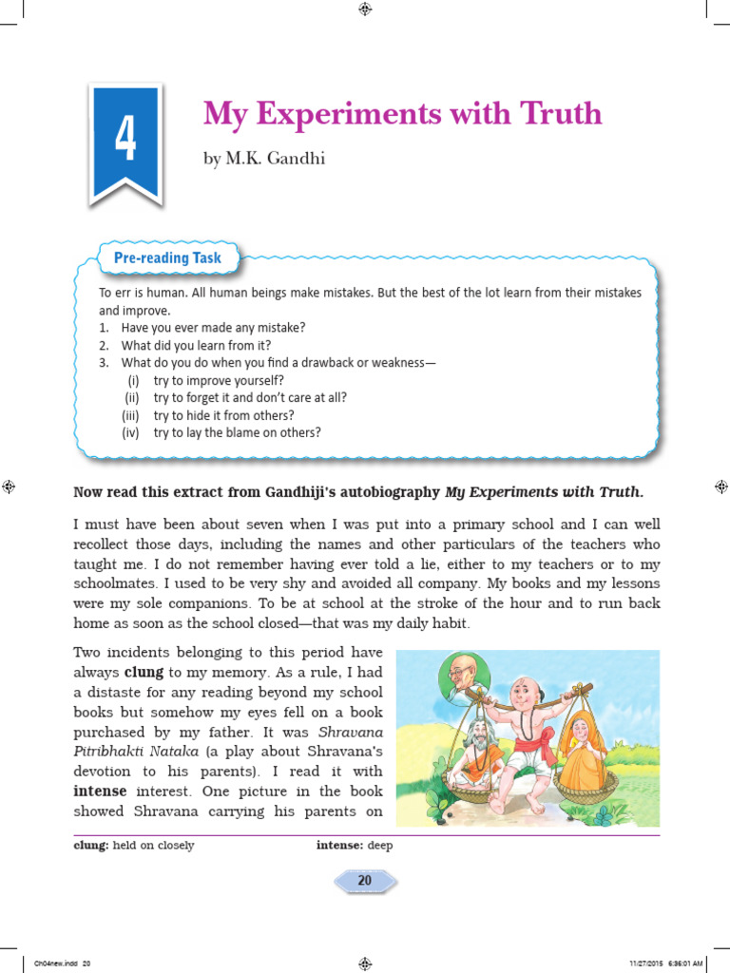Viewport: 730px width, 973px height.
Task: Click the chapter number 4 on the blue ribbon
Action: (125, 140)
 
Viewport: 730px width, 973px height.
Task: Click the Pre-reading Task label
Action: (167, 258)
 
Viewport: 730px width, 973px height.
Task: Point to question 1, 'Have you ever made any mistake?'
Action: (213, 327)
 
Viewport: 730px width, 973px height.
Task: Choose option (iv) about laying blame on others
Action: (237, 432)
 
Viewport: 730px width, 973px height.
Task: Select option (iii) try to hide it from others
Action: (223, 415)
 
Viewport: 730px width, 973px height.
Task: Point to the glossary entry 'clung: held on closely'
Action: (134, 845)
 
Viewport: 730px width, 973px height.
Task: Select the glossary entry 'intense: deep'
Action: (355, 845)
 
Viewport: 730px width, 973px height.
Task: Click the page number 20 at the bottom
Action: (364, 881)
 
